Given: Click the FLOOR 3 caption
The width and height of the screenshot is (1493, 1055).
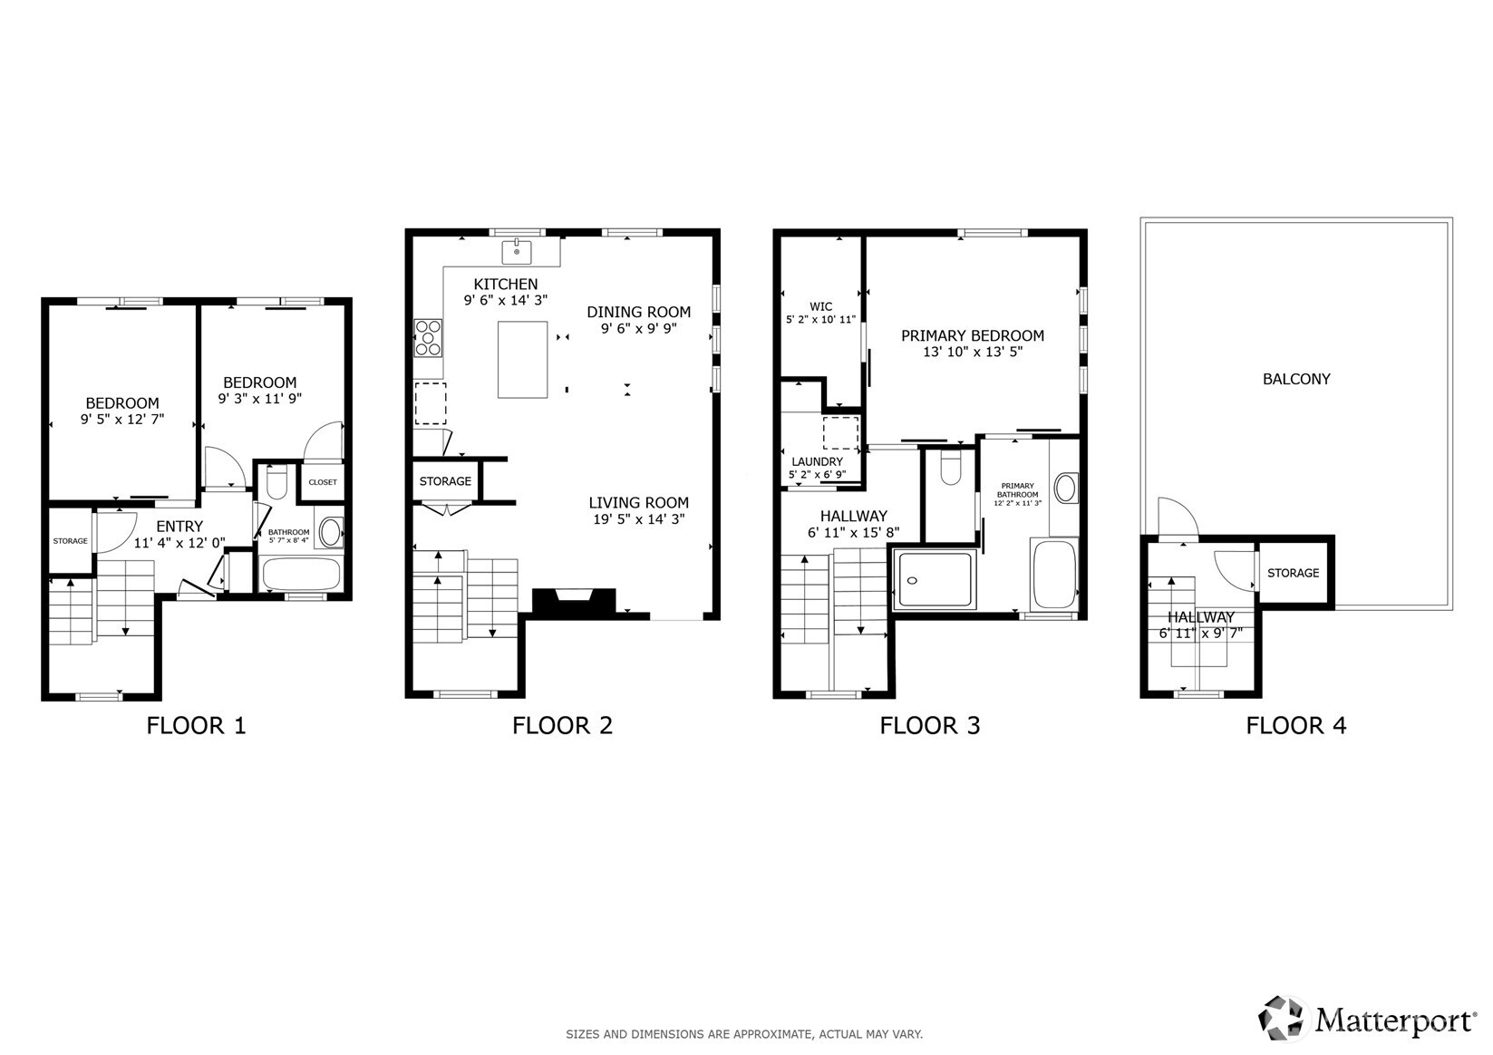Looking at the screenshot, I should coord(929,725).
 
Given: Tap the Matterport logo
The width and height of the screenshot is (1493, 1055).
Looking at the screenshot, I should coord(1368,1019).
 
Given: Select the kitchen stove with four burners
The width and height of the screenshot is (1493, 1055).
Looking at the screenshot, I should coord(428,337).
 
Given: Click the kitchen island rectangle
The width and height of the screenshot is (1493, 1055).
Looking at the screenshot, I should coord(522,359).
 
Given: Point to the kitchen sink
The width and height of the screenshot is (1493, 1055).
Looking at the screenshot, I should coord(517,251).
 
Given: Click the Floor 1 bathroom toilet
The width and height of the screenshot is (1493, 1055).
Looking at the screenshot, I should coord(276,481).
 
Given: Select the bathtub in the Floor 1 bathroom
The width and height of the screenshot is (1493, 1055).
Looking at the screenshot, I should coord(301,574).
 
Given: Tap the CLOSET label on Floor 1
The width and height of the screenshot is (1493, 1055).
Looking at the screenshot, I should coord(323,482).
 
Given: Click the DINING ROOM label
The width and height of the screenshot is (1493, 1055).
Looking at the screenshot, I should coord(638,312).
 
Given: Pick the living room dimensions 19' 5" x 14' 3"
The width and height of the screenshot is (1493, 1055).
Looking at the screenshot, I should coord(638,519).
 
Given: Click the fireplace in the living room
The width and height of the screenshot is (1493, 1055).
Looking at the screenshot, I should coord(574,601).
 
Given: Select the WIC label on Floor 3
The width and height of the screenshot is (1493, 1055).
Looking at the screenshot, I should coord(820,306).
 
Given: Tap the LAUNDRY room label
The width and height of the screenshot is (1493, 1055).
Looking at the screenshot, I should coord(817,462).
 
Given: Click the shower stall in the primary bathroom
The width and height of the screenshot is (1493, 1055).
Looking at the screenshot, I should coord(934,579).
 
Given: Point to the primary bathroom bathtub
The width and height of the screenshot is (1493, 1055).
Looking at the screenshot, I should coord(1053,574).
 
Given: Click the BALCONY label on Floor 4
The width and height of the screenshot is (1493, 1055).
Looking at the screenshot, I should coord(1295,379).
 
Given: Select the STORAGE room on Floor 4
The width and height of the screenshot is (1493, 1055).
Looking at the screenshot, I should coord(1293,573).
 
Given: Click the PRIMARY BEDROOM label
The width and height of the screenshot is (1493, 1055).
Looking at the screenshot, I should coord(972,335).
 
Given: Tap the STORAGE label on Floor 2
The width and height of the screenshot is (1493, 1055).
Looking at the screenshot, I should coord(445,481).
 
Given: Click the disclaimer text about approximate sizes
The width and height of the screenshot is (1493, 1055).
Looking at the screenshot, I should coord(744,1033).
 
